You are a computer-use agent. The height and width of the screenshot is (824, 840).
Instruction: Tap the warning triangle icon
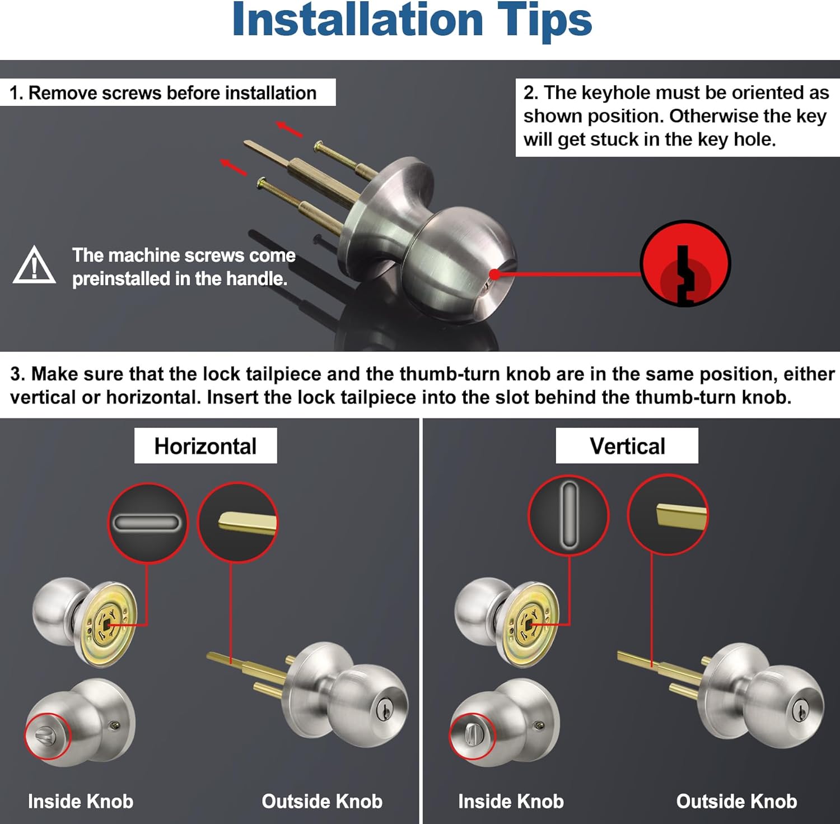click(x=34, y=266)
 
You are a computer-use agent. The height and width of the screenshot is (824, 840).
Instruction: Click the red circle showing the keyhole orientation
click(x=685, y=263)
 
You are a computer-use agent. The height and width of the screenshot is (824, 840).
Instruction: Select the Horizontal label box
click(x=206, y=446)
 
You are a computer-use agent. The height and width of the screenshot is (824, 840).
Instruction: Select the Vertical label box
click(x=627, y=446)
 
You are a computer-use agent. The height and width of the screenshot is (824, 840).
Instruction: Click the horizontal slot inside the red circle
click(x=147, y=524)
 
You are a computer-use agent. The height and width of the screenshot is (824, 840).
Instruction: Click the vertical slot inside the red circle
click(x=568, y=514)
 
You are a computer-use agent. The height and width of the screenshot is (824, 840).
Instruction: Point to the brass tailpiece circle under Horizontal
click(x=238, y=523)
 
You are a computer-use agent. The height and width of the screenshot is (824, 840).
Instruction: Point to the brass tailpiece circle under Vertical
click(x=668, y=515)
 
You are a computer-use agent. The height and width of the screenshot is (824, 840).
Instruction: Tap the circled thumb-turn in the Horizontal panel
click(x=48, y=735)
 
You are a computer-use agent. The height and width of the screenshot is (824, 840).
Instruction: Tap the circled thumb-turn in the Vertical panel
click(x=472, y=735)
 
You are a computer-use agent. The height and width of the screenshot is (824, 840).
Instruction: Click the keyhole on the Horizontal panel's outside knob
click(x=385, y=709)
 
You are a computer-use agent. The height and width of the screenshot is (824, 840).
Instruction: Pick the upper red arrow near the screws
click(x=290, y=129)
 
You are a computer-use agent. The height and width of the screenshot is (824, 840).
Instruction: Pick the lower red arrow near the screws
click(x=233, y=167)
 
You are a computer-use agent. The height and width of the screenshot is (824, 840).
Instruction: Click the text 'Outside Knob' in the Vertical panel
click(x=736, y=801)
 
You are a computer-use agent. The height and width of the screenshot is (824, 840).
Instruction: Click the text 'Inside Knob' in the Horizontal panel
click(x=81, y=801)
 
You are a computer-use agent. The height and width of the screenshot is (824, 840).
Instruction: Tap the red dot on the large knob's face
click(x=494, y=274)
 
